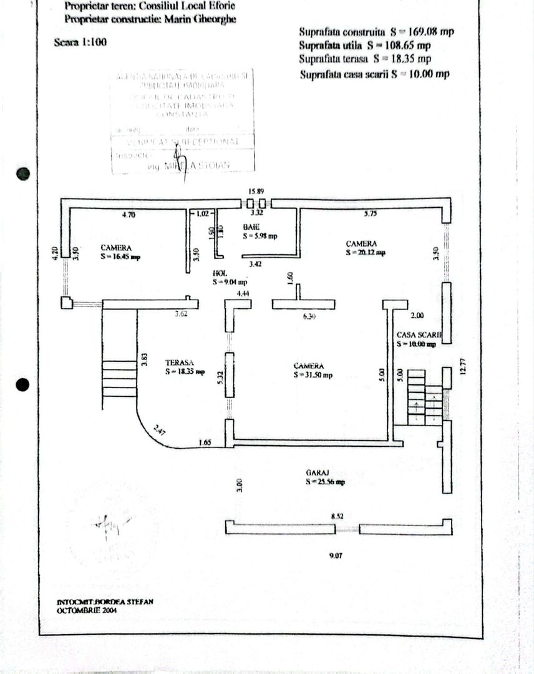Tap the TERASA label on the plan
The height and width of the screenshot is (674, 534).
[x=180, y=362]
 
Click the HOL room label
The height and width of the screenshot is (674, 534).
[x=219, y=273]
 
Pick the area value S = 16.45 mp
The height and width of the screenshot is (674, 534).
[x=120, y=256]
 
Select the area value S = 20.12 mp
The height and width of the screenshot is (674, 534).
[x=366, y=253]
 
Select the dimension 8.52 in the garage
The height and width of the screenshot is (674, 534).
[x=338, y=516]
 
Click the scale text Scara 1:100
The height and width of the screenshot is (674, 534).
[x=81, y=43]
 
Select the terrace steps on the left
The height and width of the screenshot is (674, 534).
[x=119, y=378]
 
